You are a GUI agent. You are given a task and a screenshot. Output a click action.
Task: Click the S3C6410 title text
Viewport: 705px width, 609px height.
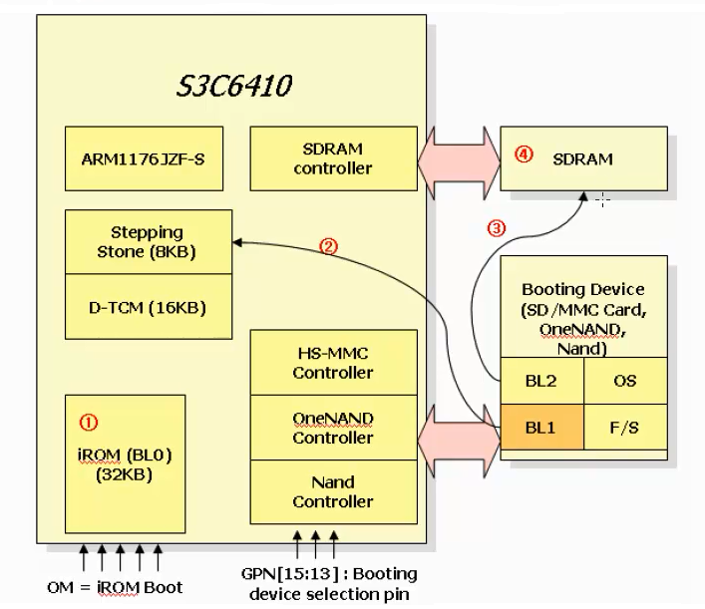(234, 86)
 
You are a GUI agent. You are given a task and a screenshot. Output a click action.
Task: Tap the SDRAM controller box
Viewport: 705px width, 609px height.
(333, 158)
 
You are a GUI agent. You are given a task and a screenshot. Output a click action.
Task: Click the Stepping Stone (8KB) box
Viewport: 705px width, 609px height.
(148, 241)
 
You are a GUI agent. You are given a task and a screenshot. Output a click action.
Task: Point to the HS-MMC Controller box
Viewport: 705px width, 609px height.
(333, 363)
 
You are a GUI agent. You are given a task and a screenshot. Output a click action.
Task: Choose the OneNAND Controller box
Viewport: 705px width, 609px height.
(333, 428)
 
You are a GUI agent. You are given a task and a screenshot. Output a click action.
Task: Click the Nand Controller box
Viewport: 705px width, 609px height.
(333, 491)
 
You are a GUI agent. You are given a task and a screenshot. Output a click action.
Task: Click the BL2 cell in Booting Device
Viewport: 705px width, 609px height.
(540, 382)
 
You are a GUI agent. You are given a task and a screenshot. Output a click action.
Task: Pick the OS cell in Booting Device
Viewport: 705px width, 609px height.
(623, 382)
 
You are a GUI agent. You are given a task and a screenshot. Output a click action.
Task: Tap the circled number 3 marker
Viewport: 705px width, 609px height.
(497, 227)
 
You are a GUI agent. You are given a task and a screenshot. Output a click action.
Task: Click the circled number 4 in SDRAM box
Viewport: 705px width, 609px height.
(523, 155)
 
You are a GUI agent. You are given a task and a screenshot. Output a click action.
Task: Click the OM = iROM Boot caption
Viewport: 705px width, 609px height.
(115, 586)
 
